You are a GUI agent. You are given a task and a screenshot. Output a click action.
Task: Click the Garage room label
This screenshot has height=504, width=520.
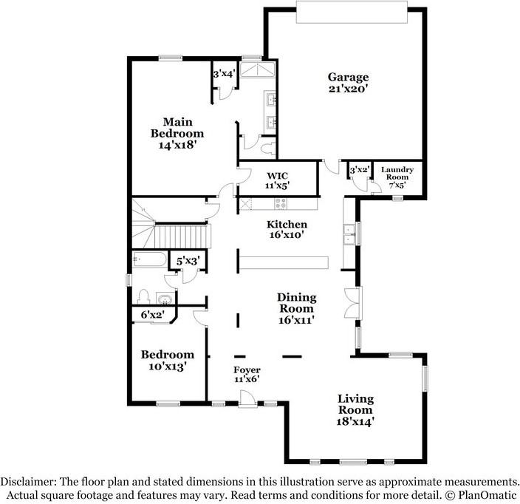pyautogui.click(x=348, y=83)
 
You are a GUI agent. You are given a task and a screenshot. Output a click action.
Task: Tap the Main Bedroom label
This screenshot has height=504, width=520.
pyautogui.click(x=177, y=133)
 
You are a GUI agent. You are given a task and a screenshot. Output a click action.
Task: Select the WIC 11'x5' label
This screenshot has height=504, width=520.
pyautogui.click(x=277, y=180)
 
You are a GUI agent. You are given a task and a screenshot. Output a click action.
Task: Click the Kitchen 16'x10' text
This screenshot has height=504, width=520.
pyautogui.click(x=287, y=230)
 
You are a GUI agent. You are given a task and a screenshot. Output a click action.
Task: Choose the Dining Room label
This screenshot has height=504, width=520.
pyautogui.click(x=296, y=309)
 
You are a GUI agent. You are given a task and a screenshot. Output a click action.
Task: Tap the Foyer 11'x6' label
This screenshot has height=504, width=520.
pyautogui.click(x=247, y=375)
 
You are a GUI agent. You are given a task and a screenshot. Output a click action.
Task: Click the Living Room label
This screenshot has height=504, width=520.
pyautogui.click(x=355, y=410)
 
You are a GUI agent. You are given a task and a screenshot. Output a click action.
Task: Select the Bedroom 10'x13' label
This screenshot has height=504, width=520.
pyautogui.click(x=168, y=361)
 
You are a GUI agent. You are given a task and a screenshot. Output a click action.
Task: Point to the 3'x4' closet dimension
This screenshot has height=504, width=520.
pyautogui.click(x=225, y=74)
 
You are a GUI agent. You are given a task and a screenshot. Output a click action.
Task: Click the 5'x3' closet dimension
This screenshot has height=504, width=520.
pyautogui.click(x=188, y=262)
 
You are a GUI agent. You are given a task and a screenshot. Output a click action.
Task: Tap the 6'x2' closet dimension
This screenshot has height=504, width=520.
pyautogui.click(x=152, y=315)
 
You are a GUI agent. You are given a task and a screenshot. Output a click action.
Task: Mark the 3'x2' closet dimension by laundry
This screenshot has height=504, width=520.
pyautogui.click(x=360, y=170)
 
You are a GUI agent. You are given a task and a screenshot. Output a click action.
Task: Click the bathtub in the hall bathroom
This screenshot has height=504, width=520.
pyautogui.click(x=149, y=259)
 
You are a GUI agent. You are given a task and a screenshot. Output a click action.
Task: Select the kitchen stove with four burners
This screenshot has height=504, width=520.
pyautogui.click(x=280, y=203)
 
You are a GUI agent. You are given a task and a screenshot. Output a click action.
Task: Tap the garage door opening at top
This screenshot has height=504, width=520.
pyautogui.click(x=352, y=12)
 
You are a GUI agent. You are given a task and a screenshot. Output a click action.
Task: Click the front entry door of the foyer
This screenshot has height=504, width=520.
pyautogui.click(x=247, y=399)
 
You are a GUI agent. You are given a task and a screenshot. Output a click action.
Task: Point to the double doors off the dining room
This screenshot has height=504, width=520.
pyautogui.click(x=352, y=304)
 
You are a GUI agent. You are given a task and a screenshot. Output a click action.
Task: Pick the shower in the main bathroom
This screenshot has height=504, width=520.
pyautogui.click(x=257, y=69)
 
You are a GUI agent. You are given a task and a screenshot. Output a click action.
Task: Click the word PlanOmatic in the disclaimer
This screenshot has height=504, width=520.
pyautogui.click(x=487, y=495)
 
